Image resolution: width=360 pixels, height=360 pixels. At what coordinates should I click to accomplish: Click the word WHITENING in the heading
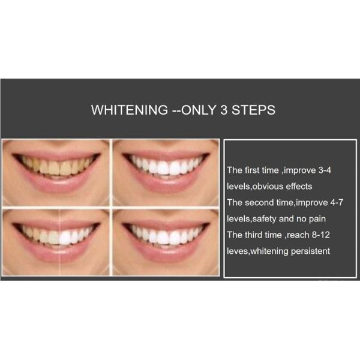130,110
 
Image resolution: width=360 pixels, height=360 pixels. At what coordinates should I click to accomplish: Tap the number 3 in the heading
224,110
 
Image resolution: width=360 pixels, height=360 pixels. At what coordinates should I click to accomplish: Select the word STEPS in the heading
253,110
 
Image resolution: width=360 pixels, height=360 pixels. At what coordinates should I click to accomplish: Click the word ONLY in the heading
199,110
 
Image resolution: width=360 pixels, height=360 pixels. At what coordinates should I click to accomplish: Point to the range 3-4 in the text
325,170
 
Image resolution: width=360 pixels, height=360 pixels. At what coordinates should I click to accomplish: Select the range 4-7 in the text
337,203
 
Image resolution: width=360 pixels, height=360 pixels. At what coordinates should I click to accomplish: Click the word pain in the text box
317,219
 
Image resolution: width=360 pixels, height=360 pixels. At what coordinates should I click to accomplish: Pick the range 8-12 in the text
321,235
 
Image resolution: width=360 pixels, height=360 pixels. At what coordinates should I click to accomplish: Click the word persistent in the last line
310,251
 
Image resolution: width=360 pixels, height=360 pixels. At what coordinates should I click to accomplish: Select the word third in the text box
253,235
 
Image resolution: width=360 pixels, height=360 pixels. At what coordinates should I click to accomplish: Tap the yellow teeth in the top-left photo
57,166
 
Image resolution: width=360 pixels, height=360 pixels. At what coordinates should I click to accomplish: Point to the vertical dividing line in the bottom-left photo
59,242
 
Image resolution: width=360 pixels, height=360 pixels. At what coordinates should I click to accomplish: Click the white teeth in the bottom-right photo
166,236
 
